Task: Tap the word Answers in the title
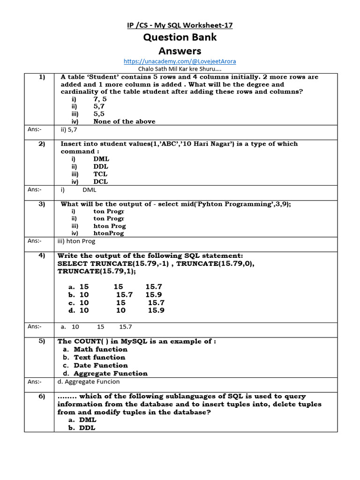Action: pos(180,51)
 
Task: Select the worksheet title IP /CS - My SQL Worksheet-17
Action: pos(180,25)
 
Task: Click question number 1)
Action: pos(41,77)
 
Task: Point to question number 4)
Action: pos(41,255)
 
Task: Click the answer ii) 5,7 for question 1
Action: pos(70,129)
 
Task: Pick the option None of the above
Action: pos(124,121)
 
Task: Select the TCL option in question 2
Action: pos(100,174)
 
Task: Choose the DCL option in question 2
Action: pos(101,181)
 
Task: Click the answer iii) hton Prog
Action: pos(76,241)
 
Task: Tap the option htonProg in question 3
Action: pos(109,233)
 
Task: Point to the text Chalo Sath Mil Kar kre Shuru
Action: pos(180,69)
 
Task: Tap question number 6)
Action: pos(41,396)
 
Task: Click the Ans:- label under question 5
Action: pos(34,382)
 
